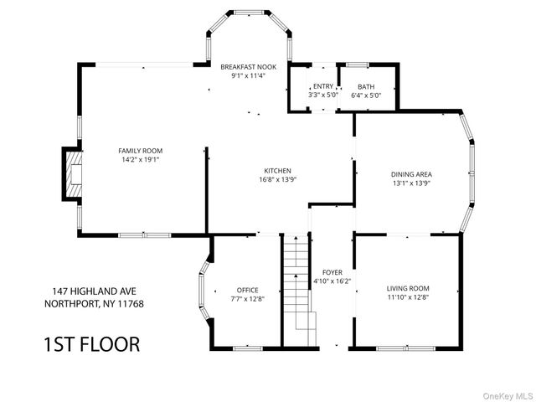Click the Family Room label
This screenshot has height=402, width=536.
coord(141,151)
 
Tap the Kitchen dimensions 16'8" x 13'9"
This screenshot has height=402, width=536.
coord(277,179)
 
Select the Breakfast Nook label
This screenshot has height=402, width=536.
coord(249,67)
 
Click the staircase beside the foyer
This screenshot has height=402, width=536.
coord(297,291)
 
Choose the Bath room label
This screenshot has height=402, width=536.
coord(366,87)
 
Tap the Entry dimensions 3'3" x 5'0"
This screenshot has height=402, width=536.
coord(323,95)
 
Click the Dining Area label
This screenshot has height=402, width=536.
coord(411,174)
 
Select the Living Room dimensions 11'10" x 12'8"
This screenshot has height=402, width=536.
coord(408,297)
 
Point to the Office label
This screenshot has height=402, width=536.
coord(248,291)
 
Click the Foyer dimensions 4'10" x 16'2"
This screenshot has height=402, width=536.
coord(332,281)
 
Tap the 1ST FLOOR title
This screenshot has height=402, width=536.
coord(92,344)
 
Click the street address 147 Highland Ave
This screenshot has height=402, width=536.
coord(94,291)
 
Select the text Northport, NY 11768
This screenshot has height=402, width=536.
coord(94,303)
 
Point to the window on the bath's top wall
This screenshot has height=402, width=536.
coord(358,64)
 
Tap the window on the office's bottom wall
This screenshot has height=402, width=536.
coord(248,348)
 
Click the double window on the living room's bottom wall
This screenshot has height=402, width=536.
coord(405,348)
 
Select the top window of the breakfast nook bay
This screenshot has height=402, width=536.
coord(250,13)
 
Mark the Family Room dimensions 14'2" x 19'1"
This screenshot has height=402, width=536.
coord(141,160)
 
